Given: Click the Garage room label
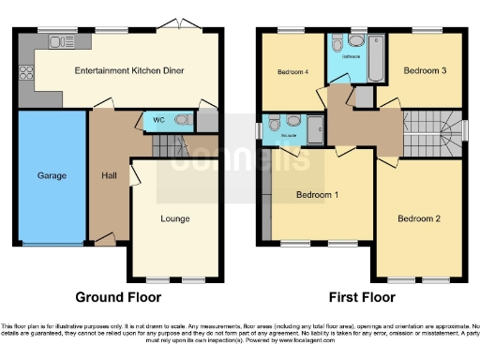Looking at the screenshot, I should pyautogui.click(x=50, y=175).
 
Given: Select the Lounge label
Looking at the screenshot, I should pyautogui.click(x=174, y=218).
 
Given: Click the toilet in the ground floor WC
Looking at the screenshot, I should pyautogui.click(x=180, y=120).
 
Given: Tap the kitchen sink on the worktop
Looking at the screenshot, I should pyautogui.click(x=64, y=41).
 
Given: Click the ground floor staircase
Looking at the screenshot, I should pyautogui.click(x=166, y=145).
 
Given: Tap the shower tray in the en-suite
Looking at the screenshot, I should pyautogui.click(x=316, y=131).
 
